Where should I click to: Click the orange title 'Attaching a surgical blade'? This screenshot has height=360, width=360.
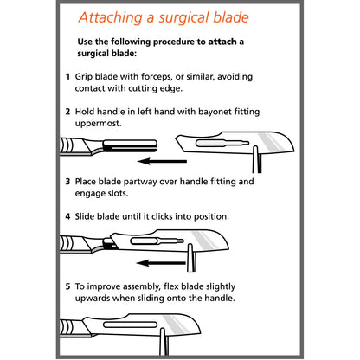164,18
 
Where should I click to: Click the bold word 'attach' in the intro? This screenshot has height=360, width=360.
222,42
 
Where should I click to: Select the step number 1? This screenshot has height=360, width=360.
67,77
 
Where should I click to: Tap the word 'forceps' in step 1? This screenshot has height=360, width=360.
156,77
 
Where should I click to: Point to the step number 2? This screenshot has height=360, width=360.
67,112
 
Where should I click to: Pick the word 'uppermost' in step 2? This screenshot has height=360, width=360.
98,124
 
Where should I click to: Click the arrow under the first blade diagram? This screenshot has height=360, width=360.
162,161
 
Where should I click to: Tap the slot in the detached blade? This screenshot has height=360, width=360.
222,143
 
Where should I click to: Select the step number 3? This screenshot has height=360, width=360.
67,182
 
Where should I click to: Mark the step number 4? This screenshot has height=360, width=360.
67,216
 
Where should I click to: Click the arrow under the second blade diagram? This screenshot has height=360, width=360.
161,263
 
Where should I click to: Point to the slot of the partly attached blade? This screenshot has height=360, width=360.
157,241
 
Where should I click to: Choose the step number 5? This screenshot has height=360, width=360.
67,286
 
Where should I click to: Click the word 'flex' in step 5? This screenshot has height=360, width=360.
171,286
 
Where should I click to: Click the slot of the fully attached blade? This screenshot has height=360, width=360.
130,325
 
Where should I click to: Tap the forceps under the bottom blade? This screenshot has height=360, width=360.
164,342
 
